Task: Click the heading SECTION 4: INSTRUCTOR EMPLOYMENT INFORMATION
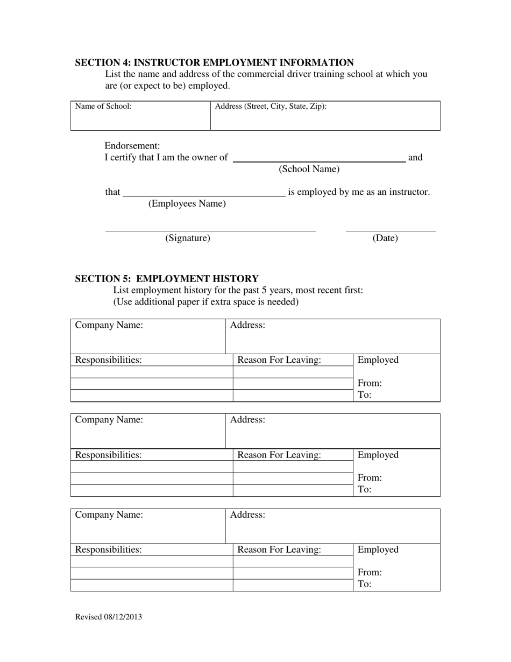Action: (x=214, y=62)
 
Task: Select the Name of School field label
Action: (x=103, y=106)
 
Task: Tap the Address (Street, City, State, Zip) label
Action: (x=271, y=106)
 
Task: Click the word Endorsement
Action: (x=132, y=146)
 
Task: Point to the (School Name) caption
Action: (x=309, y=169)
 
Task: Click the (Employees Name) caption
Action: (x=187, y=203)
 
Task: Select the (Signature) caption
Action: (x=187, y=238)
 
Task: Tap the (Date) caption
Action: (x=385, y=238)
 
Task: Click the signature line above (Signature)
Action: (x=210, y=231)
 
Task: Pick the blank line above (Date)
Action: (x=391, y=231)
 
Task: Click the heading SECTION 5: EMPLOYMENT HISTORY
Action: (x=166, y=278)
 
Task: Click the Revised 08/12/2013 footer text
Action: (x=109, y=617)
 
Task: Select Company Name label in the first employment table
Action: (x=109, y=325)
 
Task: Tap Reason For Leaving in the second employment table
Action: (x=279, y=455)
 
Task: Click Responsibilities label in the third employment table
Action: (x=108, y=550)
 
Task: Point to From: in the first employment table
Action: (x=370, y=383)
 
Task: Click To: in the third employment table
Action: (x=364, y=584)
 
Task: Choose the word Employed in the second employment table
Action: (x=378, y=455)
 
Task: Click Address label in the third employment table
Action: (x=247, y=515)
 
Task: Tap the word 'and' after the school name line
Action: (x=415, y=158)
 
